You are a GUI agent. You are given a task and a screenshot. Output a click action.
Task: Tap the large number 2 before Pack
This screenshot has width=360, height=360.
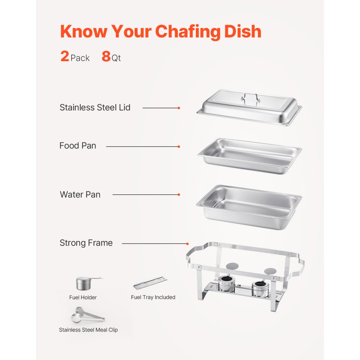click(x=65, y=57)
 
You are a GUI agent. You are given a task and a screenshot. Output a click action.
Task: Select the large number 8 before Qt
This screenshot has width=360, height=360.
click(x=106, y=57)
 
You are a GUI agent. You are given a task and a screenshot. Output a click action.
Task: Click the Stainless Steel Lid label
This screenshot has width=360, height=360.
click(x=95, y=107)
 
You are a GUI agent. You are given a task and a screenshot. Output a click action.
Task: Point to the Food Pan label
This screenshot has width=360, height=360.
click(x=78, y=146)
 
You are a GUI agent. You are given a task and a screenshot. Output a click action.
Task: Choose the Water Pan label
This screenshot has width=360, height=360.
click(x=80, y=195)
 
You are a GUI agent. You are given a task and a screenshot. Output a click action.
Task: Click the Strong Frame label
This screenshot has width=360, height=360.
click(x=86, y=243)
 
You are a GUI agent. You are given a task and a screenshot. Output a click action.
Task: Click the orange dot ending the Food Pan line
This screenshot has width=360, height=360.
click(x=179, y=147)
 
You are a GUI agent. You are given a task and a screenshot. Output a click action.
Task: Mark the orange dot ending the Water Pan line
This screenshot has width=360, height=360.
click(x=179, y=195)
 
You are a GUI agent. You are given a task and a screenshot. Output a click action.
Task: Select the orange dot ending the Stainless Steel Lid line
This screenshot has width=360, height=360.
click(x=179, y=108)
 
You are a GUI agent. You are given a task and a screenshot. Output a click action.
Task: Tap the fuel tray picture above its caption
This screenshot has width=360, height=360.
click(x=150, y=283)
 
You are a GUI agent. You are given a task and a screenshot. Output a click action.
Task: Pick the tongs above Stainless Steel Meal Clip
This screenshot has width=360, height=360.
click(x=88, y=315)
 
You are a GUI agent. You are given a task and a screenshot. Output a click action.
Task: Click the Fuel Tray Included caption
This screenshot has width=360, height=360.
click(x=153, y=297)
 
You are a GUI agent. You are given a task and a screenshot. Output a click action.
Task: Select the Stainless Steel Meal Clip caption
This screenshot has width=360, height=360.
click(x=88, y=330)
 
